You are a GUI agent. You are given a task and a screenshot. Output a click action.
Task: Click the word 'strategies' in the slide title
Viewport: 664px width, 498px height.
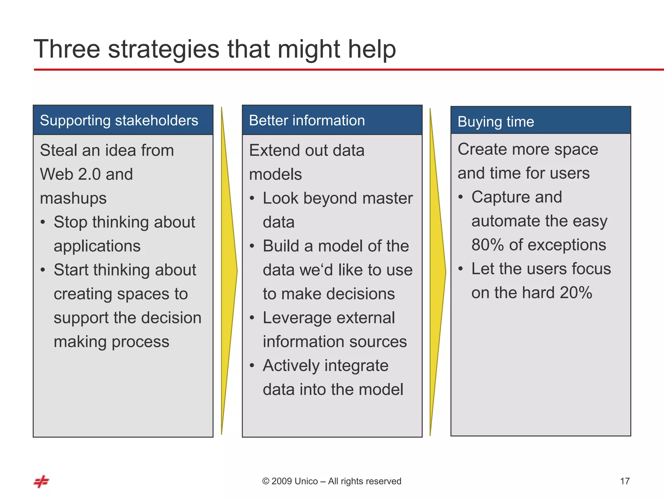[x=164, y=49]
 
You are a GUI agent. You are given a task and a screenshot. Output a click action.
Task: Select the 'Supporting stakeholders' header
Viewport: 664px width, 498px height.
[x=119, y=121]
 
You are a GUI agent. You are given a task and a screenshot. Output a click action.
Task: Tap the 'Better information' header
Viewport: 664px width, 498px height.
[x=307, y=121]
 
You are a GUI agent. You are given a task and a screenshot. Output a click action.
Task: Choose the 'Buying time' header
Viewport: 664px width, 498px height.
[x=496, y=122]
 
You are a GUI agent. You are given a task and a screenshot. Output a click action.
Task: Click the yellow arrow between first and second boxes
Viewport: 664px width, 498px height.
[x=229, y=271]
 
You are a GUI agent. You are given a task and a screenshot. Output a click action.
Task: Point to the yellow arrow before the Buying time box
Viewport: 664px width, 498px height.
[x=437, y=272]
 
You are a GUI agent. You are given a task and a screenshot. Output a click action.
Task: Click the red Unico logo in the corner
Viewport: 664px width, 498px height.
[x=41, y=481]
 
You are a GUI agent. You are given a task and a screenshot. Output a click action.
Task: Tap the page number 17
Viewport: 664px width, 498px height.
[x=625, y=481]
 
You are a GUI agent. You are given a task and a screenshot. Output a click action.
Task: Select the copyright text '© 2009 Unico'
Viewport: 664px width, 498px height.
[x=290, y=481]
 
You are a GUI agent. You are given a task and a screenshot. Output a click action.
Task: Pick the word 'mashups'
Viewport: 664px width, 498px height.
[x=73, y=198]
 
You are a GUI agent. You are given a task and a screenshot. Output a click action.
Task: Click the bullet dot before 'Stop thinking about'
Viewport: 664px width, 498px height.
[x=43, y=222]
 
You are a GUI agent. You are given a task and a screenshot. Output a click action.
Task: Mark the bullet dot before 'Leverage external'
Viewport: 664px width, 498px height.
[x=252, y=318]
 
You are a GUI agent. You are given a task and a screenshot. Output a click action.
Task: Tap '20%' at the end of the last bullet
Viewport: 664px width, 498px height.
[x=576, y=293]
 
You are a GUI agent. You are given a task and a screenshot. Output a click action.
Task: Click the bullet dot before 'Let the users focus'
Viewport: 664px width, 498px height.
[x=461, y=269]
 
